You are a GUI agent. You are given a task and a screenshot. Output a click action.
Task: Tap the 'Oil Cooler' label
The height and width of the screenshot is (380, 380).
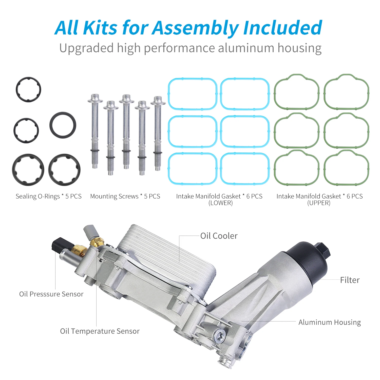point(219,236)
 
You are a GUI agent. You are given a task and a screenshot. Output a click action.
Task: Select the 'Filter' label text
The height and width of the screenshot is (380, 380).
point(350,280)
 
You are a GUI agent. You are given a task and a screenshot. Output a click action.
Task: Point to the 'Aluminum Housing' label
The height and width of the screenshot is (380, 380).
point(330,322)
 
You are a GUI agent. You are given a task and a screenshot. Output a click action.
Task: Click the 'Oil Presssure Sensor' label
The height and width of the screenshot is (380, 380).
point(51,294)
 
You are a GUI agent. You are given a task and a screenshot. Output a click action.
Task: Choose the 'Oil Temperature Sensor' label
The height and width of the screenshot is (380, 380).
point(100,331)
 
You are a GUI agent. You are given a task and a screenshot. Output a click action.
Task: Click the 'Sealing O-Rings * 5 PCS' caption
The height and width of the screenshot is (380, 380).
point(49,196)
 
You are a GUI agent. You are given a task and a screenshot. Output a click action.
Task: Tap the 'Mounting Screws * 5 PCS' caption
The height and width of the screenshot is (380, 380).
point(125,196)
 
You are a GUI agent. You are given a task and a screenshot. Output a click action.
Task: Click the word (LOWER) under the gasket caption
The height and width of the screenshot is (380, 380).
point(220,203)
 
